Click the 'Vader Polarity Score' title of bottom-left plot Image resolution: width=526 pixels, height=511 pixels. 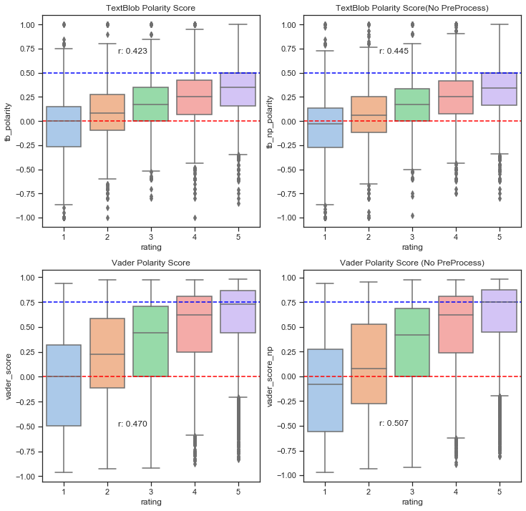(x=151, y=263)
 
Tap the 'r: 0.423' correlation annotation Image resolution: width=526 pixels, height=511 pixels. (x=132, y=51)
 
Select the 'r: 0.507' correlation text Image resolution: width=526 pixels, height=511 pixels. (x=394, y=424)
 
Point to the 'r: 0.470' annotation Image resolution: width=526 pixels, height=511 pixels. (x=132, y=424)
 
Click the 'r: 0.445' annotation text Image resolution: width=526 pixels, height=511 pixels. (x=394, y=51)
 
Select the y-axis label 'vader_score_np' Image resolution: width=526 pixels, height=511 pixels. (x=270, y=376)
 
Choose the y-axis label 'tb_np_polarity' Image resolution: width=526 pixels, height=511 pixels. (x=270, y=121)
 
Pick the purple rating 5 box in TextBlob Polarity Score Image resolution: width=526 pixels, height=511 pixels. (x=238, y=89)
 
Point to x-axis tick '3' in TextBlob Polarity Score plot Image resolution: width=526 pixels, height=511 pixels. (x=151, y=236)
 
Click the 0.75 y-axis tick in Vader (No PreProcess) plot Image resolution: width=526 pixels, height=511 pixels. (x=291, y=302)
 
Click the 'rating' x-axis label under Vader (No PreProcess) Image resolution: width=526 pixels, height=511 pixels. (x=412, y=502)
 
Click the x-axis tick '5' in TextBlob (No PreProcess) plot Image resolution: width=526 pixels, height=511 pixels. (x=500, y=236)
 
